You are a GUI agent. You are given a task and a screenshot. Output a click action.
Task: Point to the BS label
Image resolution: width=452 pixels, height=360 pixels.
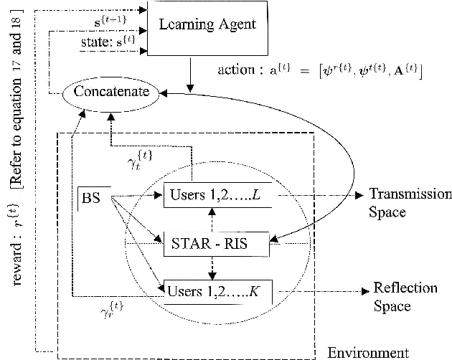91,197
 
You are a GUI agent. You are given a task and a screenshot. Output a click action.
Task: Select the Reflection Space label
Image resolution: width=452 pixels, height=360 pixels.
405,297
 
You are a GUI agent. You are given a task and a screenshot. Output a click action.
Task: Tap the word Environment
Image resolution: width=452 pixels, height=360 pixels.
368,352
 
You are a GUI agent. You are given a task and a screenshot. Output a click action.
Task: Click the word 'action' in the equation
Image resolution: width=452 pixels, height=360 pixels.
237,72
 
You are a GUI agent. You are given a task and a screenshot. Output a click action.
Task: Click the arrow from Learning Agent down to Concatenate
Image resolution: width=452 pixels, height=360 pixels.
192,71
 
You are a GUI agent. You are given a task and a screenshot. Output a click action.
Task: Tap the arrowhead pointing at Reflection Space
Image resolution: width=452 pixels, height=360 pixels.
363,290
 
